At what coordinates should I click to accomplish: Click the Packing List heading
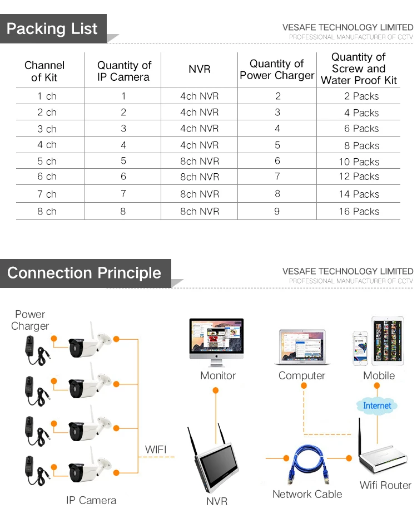[x=52, y=29]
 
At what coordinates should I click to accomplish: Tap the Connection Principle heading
[x=84, y=273]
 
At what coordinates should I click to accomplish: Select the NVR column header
[x=200, y=69]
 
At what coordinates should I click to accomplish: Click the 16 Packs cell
[x=359, y=212]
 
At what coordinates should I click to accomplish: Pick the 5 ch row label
[x=47, y=161]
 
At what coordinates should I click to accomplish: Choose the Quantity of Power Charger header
[x=277, y=70]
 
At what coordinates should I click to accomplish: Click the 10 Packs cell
[x=359, y=162]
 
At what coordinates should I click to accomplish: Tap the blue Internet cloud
[x=377, y=405]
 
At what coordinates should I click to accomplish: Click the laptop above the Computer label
[x=302, y=346]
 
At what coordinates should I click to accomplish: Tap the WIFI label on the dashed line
[x=156, y=450]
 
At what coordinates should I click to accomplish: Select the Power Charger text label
[x=30, y=320]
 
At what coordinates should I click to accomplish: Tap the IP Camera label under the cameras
[x=91, y=500]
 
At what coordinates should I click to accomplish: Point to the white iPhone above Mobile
[x=361, y=348]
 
